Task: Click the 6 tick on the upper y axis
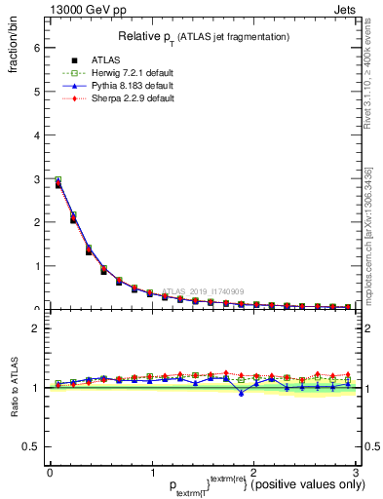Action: [x=37, y=48]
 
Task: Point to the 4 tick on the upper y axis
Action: [x=37, y=134]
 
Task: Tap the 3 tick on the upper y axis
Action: [x=37, y=178]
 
